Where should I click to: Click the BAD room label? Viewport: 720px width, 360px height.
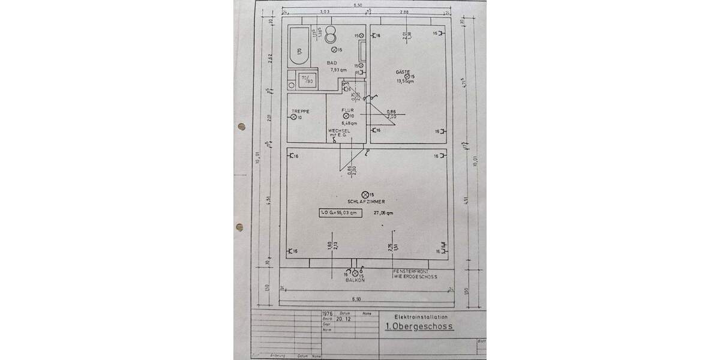click(332, 63)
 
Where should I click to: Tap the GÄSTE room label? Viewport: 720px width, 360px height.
click(402, 72)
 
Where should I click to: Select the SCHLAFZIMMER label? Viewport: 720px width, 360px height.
click(365, 202)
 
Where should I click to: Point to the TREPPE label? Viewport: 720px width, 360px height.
click(300, 112)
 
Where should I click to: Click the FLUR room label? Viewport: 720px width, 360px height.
click(348, 110)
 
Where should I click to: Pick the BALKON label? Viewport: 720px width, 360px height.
click(355, 280)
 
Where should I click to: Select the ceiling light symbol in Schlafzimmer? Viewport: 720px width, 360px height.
click(365, 194)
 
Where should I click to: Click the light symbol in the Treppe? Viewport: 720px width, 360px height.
click(294, 118)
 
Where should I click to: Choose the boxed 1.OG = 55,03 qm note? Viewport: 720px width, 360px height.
click(340, 213)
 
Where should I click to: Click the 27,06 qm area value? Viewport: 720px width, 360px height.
click(383, 213)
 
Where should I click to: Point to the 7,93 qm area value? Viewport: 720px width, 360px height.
click(338, 70)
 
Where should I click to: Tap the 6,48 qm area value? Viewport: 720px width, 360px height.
click(349, 123)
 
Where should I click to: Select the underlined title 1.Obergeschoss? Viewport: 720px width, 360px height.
click(418, 327)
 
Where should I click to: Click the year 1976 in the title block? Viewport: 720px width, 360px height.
click(327, 313)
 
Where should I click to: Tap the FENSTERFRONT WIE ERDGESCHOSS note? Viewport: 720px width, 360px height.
click(415, 274)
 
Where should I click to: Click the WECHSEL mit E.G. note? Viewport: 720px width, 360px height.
click(339, 133)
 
